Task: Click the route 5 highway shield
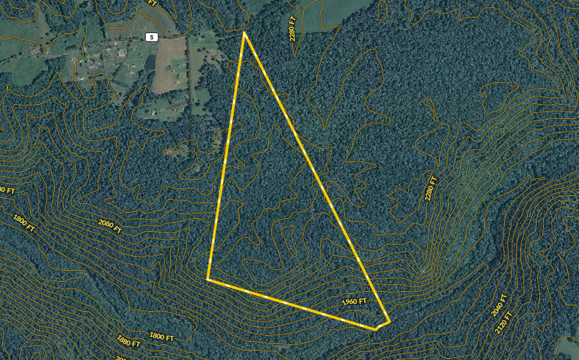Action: pyautogui.click(x=151, y=37)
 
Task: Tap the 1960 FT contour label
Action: pyautogui.click(x=355, y=302)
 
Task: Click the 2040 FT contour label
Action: pyautogui.click(x=501, y=307)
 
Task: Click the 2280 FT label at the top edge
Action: pyautogui.click(x=293, y=28)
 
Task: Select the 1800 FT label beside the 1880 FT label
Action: pyautogui.click(x=161, y=335)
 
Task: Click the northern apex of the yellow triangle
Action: pyautogui.click(x=244, y=33)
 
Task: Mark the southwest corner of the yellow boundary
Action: pyautogui.click(x=208, y=279)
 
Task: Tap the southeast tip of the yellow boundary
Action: pyautogui.click(x=388, y=321)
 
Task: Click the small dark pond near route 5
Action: pyautogui.click(x=150, y=63)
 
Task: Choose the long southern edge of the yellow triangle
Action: pyautogui.click(x=287, y=302)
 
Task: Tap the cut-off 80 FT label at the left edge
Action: pyautogui.click(x=6, y=190)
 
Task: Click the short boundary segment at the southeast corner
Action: pyautogui.click(x=383, y=326)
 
